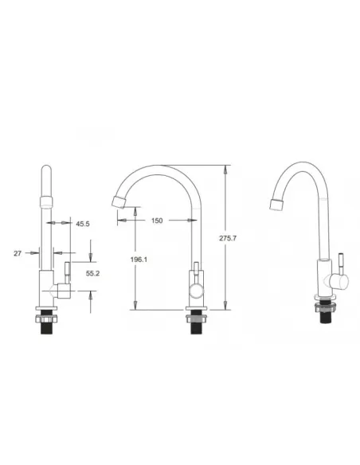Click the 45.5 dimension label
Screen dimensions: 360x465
coord(83,224)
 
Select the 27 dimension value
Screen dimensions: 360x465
coord(18,253)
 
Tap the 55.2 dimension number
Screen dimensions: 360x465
coord(92,273)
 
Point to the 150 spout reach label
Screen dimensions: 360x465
coord(157,221)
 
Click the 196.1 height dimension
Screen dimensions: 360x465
coord(139,260)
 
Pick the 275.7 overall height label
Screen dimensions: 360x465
coord(228,238)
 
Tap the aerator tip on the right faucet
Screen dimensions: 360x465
coord(277,205)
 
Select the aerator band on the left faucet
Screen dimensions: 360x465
coord(46,202)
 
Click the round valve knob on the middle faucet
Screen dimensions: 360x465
coord(197,291)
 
